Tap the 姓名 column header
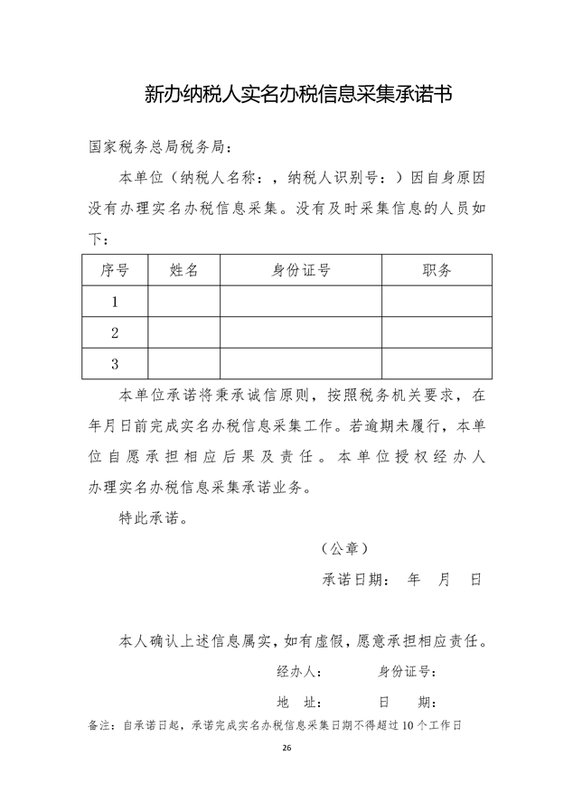point(183,270)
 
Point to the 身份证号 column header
point(300,270)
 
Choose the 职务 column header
point(437,270)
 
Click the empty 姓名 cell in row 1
point(183,302)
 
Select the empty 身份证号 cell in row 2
point(300,333)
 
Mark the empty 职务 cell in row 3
point(437,364)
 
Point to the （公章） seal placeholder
point(343,548)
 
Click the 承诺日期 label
point(356,580)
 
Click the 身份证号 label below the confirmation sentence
point(408,672)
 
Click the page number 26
point(286,749)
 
